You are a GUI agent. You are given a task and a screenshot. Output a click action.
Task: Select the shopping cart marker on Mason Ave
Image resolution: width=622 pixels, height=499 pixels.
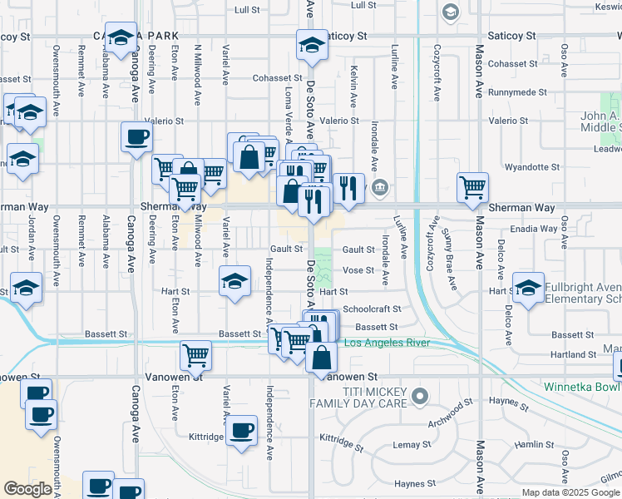(473, 188)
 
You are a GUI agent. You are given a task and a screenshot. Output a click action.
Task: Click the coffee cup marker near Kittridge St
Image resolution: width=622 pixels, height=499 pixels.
(242, 431)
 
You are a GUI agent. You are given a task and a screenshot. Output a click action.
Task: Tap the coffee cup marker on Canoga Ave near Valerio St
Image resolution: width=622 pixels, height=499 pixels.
(136, 137)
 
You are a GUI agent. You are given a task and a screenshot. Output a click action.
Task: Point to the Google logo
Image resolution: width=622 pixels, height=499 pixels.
(28, 490)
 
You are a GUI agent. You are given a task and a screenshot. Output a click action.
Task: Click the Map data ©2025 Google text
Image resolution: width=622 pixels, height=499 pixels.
(570, 492)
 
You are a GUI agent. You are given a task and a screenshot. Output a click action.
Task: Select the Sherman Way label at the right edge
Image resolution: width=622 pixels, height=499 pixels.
(521, 207)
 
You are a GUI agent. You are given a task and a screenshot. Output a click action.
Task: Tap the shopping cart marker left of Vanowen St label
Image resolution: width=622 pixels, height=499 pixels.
(195, 356)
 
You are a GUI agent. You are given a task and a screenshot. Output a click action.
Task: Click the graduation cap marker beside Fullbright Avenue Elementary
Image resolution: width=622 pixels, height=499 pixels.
(527, 289)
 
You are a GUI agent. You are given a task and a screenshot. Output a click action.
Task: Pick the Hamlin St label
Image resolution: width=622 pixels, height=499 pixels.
(528, 445)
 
